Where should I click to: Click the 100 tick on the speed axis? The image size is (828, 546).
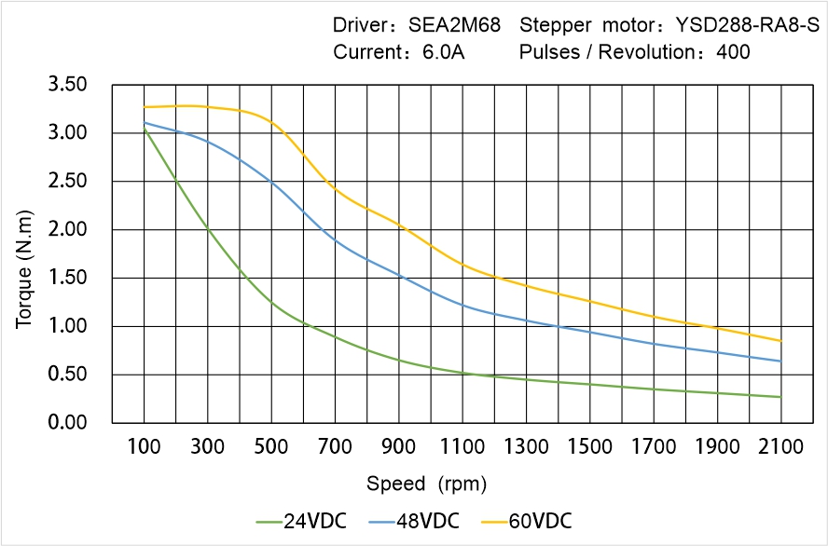(x=144, y=447)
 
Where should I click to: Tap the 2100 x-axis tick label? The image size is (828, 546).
(x=780, y=447)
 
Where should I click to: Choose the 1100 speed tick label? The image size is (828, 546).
(x=462, y=447)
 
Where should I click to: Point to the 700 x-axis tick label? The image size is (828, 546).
(x=335, y=447)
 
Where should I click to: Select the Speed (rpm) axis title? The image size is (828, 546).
(x=426, y=485)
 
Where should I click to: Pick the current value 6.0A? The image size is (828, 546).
(x=444, y=52)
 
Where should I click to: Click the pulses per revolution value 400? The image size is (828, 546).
(x=733, y=52)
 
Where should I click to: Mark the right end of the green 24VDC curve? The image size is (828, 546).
(x=780, y=397)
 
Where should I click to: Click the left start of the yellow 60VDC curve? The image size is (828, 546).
(x=145, y=107)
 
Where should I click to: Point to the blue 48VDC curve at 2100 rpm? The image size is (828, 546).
(x=780, y=362)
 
